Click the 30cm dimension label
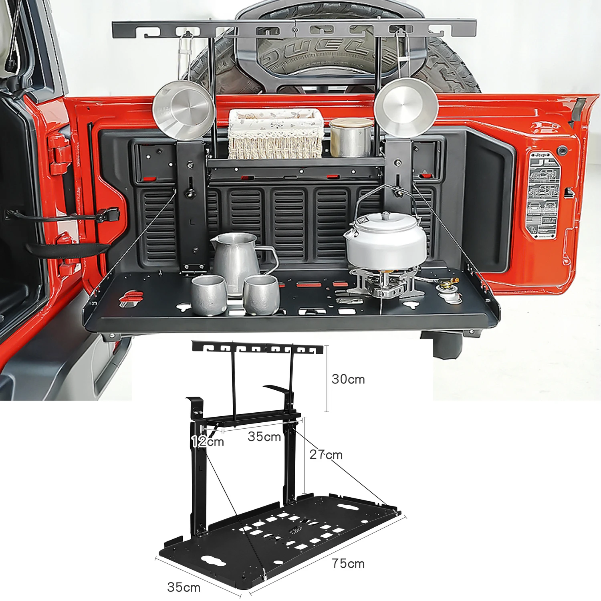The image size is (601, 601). [x=348, y=379]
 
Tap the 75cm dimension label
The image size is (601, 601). [x=348, y=563]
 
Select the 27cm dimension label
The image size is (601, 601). [x=326, y=455]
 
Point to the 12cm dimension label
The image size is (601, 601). [x=208, y=442]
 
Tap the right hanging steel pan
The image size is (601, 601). [x=406, y=106]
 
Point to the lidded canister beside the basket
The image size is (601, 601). [x=351, y=137]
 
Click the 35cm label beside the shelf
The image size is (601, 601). [x=264, y=436]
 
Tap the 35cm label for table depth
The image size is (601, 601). [x=184, y=587]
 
